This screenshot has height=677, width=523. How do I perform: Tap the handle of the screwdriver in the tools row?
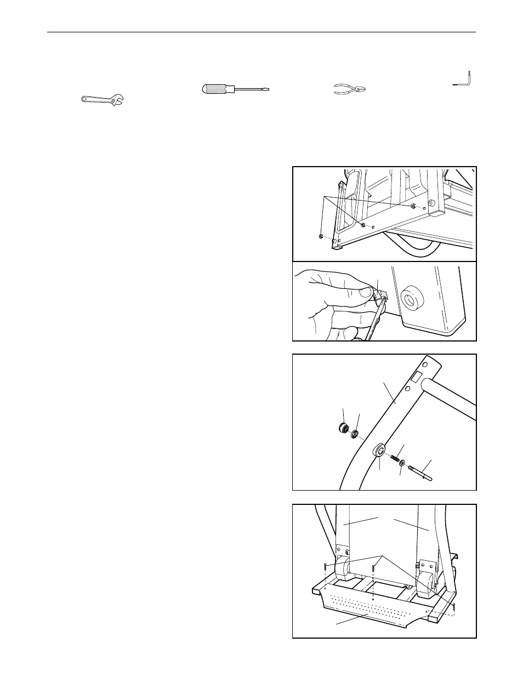click(218, 89)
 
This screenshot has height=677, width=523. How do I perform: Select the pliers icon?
click(349, 89)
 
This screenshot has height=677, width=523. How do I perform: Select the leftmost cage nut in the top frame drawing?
click(320, 237)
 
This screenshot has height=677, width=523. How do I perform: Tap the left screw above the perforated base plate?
click(326, 569)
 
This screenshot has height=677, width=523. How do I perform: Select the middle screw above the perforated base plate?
click(374, 569)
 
